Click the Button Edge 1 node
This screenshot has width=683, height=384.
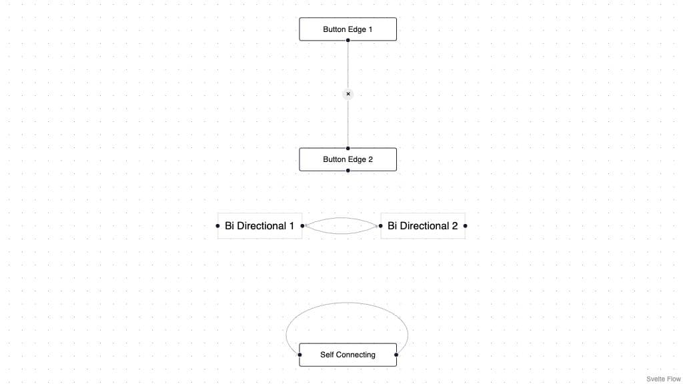click(x=348, y=29)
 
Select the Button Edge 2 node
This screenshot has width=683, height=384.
click(x=348, y=159)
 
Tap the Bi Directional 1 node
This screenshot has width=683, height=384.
click(x=260, y=225)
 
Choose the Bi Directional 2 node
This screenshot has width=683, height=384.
click(x=423, y=225)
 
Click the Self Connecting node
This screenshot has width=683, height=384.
click(x=348, y=355)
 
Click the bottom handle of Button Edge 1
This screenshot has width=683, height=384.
click(x=348, y=41)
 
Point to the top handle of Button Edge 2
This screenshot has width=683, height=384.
click(x=348, y=148)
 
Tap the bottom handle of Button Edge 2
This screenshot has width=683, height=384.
click(x=348, y=171)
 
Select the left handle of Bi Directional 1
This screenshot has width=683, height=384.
click(x=218, y=225)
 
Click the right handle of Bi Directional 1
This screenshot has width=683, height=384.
click(x=302, y=225)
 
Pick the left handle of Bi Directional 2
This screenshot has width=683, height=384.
click(x=381, y=225)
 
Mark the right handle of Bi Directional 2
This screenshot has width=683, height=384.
click(x=465, y=225)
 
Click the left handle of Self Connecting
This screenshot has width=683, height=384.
click(x=299, y=355)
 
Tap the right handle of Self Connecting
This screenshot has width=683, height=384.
click(x=396, y=355)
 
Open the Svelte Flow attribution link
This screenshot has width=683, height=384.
click(x=664, y=379)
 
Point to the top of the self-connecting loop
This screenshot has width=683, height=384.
click(x=347, y=303)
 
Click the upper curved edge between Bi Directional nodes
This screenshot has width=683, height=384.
click(x=341, y=218)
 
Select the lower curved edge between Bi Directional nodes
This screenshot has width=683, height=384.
click(x=341, y=234)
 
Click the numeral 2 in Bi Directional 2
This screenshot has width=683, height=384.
click(x=455, y=225)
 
